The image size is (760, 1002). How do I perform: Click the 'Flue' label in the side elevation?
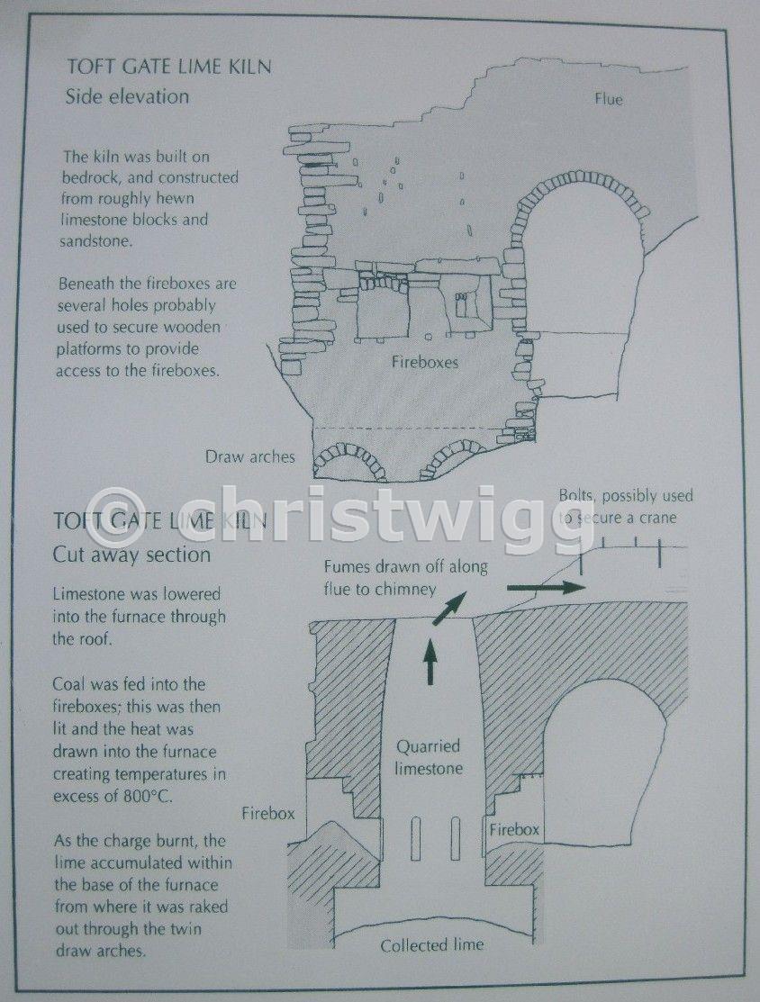608,99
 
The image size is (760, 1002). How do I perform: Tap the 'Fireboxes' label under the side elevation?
425,362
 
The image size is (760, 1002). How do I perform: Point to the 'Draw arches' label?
250,457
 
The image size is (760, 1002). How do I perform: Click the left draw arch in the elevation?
349,455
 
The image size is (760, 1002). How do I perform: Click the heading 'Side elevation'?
127,97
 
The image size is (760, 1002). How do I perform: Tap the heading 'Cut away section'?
131,554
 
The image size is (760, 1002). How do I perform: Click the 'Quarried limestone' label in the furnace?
429,757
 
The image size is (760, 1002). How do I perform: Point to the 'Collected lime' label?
432,945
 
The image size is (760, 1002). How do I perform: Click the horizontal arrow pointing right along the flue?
546,586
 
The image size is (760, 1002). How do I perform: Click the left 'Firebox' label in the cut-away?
268,814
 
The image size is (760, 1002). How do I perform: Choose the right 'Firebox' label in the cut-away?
514,829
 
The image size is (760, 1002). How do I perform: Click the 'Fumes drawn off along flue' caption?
405,577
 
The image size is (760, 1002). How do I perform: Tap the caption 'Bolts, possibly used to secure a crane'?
625,506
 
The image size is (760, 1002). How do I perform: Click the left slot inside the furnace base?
416,838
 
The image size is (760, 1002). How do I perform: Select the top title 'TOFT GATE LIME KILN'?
169,67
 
